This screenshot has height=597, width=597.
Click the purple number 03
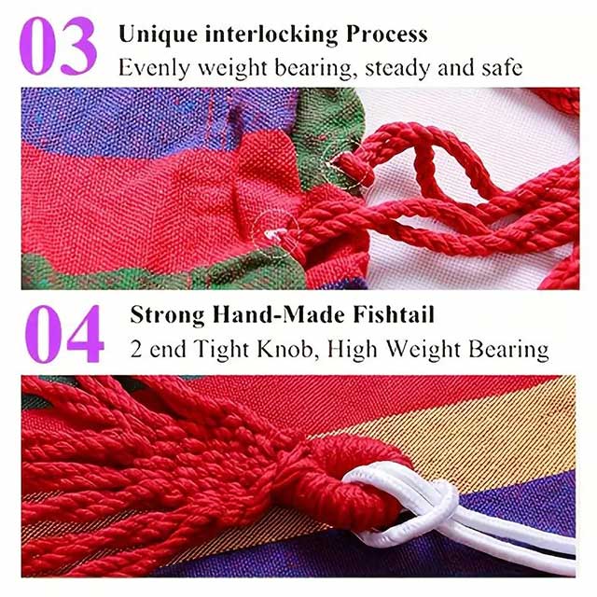tap(58, 46)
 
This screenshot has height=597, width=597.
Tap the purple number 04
tap(64, 334)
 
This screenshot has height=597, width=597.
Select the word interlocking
tap(271, 35)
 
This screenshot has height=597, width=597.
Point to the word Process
tap(386, 35)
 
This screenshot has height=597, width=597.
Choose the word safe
tap(502, 68)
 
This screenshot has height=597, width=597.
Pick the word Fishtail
tap(394, 315)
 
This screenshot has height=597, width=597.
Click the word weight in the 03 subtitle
tap(232, 69)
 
